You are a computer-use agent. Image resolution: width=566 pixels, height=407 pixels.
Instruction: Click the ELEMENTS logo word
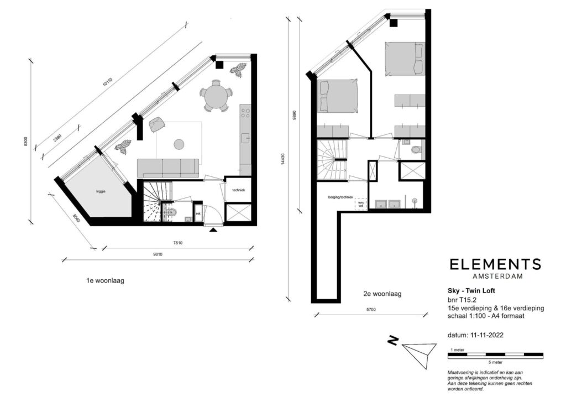click(495, 264)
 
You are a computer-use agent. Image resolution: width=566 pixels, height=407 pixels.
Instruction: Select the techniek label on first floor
click(238, 191)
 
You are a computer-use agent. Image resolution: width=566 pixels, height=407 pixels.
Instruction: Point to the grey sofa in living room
click(167, 167)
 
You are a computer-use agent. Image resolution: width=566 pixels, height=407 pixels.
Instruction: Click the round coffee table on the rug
click(179, 144)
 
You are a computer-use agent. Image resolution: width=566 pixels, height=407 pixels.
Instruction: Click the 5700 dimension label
click(370, 310)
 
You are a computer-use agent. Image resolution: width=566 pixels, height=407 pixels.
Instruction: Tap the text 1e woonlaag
click(105, 280)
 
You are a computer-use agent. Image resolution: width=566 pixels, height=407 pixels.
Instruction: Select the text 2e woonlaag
click(382, 294)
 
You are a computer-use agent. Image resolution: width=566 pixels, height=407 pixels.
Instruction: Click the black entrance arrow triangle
click(213, 229)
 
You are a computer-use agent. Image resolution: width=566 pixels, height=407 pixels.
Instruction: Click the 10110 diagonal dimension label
click(107, 84)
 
